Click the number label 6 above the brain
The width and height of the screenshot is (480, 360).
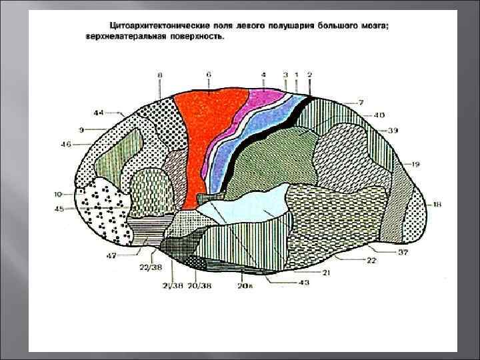pyautogui.click(x=209, y=75)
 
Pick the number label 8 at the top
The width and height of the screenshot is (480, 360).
pyautogui.click(x=160, y=76)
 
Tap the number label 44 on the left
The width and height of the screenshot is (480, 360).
pyautogui.click(x=99, y=113)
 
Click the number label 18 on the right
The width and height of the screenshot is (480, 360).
pyautogui.click(x=437, y=204)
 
